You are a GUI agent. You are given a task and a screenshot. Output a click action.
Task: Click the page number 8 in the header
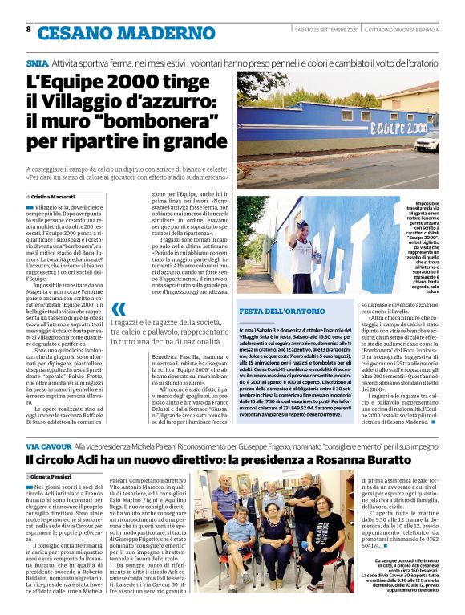point(28,30)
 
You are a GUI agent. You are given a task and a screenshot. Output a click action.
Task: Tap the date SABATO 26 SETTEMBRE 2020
point(325,30)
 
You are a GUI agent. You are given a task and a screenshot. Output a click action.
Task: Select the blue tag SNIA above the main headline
point(37,62)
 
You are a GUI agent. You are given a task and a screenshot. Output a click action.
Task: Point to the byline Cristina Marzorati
point(53,195)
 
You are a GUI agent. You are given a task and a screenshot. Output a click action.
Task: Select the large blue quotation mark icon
point(119,310)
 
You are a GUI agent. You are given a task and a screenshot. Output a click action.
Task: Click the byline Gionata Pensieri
point(53,477)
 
